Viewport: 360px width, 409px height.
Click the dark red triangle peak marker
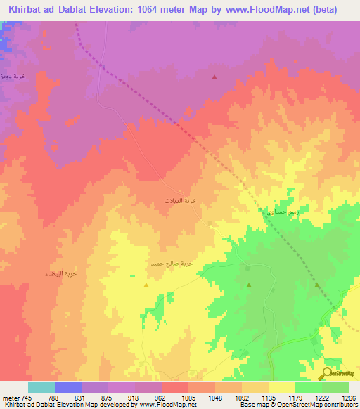click(x=214, y=77)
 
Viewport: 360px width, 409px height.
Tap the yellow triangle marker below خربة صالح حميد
click(x=146, y=285)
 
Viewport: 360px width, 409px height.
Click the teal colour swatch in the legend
click(x=41, y=387)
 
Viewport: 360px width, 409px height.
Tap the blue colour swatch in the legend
click(x=68, y=387)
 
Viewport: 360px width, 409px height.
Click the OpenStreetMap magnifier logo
click(x=329, y=375)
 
